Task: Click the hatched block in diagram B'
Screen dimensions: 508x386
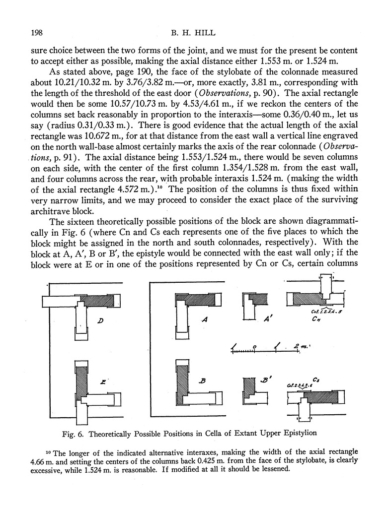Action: (x=248, y=386)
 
